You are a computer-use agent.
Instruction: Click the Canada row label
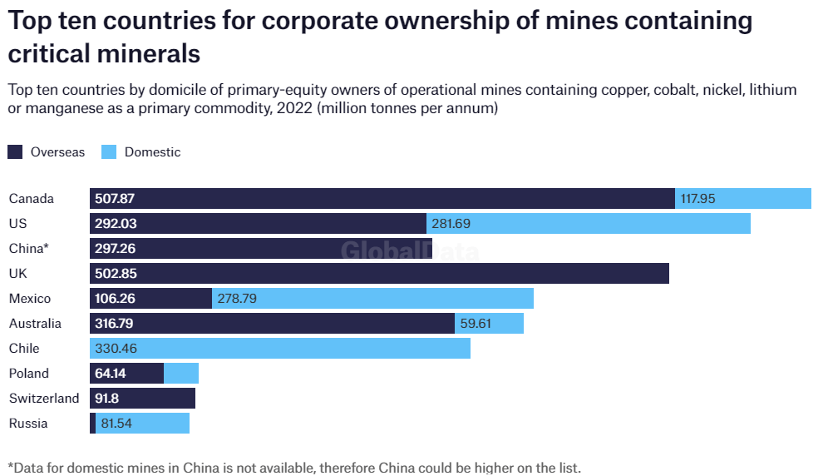31,199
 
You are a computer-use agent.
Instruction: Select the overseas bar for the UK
379,274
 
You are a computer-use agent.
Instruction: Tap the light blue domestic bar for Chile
280,349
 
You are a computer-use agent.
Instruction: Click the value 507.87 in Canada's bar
115,199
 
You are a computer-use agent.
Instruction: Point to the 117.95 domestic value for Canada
697,199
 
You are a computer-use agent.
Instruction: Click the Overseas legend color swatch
15,152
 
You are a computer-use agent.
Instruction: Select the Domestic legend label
152,152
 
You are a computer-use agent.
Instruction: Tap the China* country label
28,249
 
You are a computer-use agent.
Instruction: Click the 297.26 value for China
115,249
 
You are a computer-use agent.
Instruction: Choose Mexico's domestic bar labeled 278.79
372,299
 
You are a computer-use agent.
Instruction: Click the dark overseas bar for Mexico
150,299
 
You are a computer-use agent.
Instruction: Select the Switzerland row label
43,399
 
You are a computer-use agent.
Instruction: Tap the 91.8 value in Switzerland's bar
107,399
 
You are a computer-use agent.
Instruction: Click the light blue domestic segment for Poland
181,374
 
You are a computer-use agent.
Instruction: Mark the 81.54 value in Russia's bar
116,424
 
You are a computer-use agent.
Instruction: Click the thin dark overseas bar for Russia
93,424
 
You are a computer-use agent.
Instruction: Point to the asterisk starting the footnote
10,466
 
